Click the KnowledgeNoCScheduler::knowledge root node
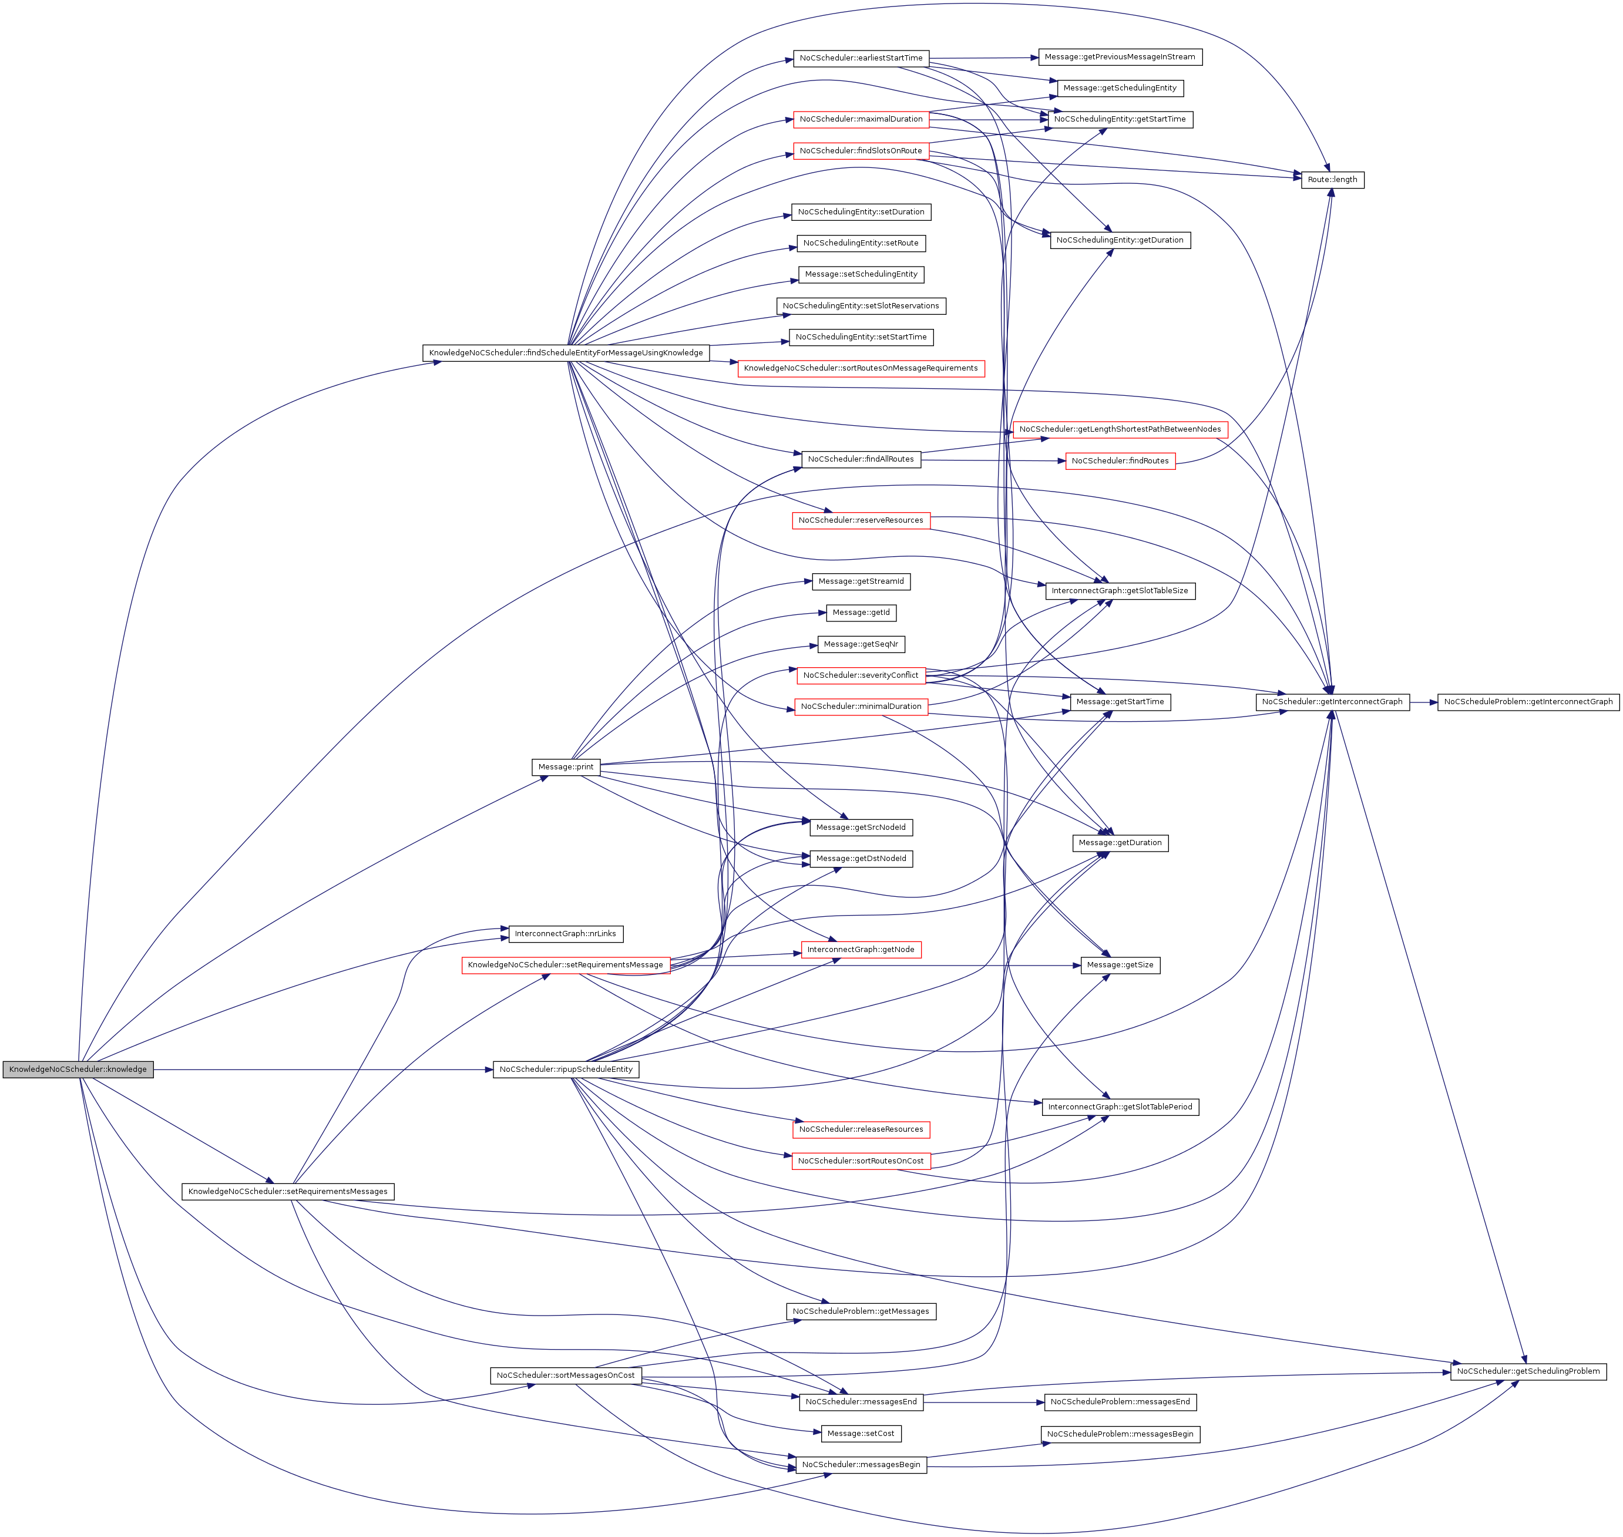[x=78, y=1069]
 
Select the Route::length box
[x=1332, y=180]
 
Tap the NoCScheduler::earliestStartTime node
[x=861, y=58]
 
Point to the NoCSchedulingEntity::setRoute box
[x=861, y=243]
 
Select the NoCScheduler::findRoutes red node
[x=1120, y=460]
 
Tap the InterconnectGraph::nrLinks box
[x=565, y=933]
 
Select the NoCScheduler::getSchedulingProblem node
[x=1528, y=1371]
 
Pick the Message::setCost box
[x=861, y=1433]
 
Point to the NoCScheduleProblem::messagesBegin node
[x=1120, y=1434]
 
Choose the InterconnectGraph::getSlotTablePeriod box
[x=1120, y=1107]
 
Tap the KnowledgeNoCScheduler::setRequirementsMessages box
[x=288, y=1191]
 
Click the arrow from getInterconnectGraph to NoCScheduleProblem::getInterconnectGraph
[x=1423, y=702]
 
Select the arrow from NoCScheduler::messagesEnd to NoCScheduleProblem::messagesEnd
[x=983, y=1402]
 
